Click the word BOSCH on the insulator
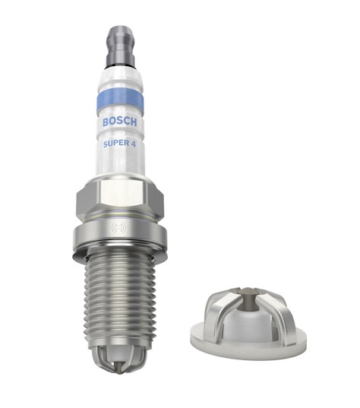coord(120,122)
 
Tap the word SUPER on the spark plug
coord(116,144)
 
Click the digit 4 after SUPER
coord(133,144)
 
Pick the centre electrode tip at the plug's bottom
coord(118,368)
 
